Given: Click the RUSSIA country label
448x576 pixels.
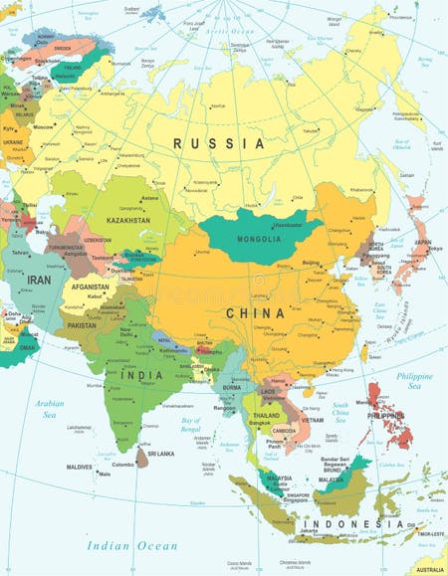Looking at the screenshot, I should [219, 143].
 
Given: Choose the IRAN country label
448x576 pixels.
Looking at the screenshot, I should [39, 282].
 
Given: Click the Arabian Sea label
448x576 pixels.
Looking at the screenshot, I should [49, 408].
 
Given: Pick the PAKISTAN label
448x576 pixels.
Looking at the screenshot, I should [82, 325].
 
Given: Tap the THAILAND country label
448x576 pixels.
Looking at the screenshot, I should [266, 415].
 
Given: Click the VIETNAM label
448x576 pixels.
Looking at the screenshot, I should [311, 421].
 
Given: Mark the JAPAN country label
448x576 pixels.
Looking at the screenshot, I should [422, 242].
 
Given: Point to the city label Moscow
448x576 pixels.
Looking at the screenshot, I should [43, 127].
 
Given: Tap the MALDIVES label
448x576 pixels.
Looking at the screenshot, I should [79, 467].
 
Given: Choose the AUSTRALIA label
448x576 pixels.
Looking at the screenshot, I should [430, 570].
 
